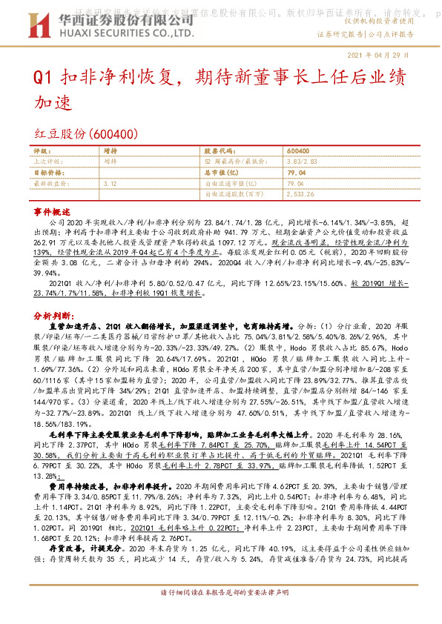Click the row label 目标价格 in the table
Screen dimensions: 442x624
(49, 171)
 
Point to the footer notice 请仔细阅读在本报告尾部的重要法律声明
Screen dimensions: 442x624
(220, 614)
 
